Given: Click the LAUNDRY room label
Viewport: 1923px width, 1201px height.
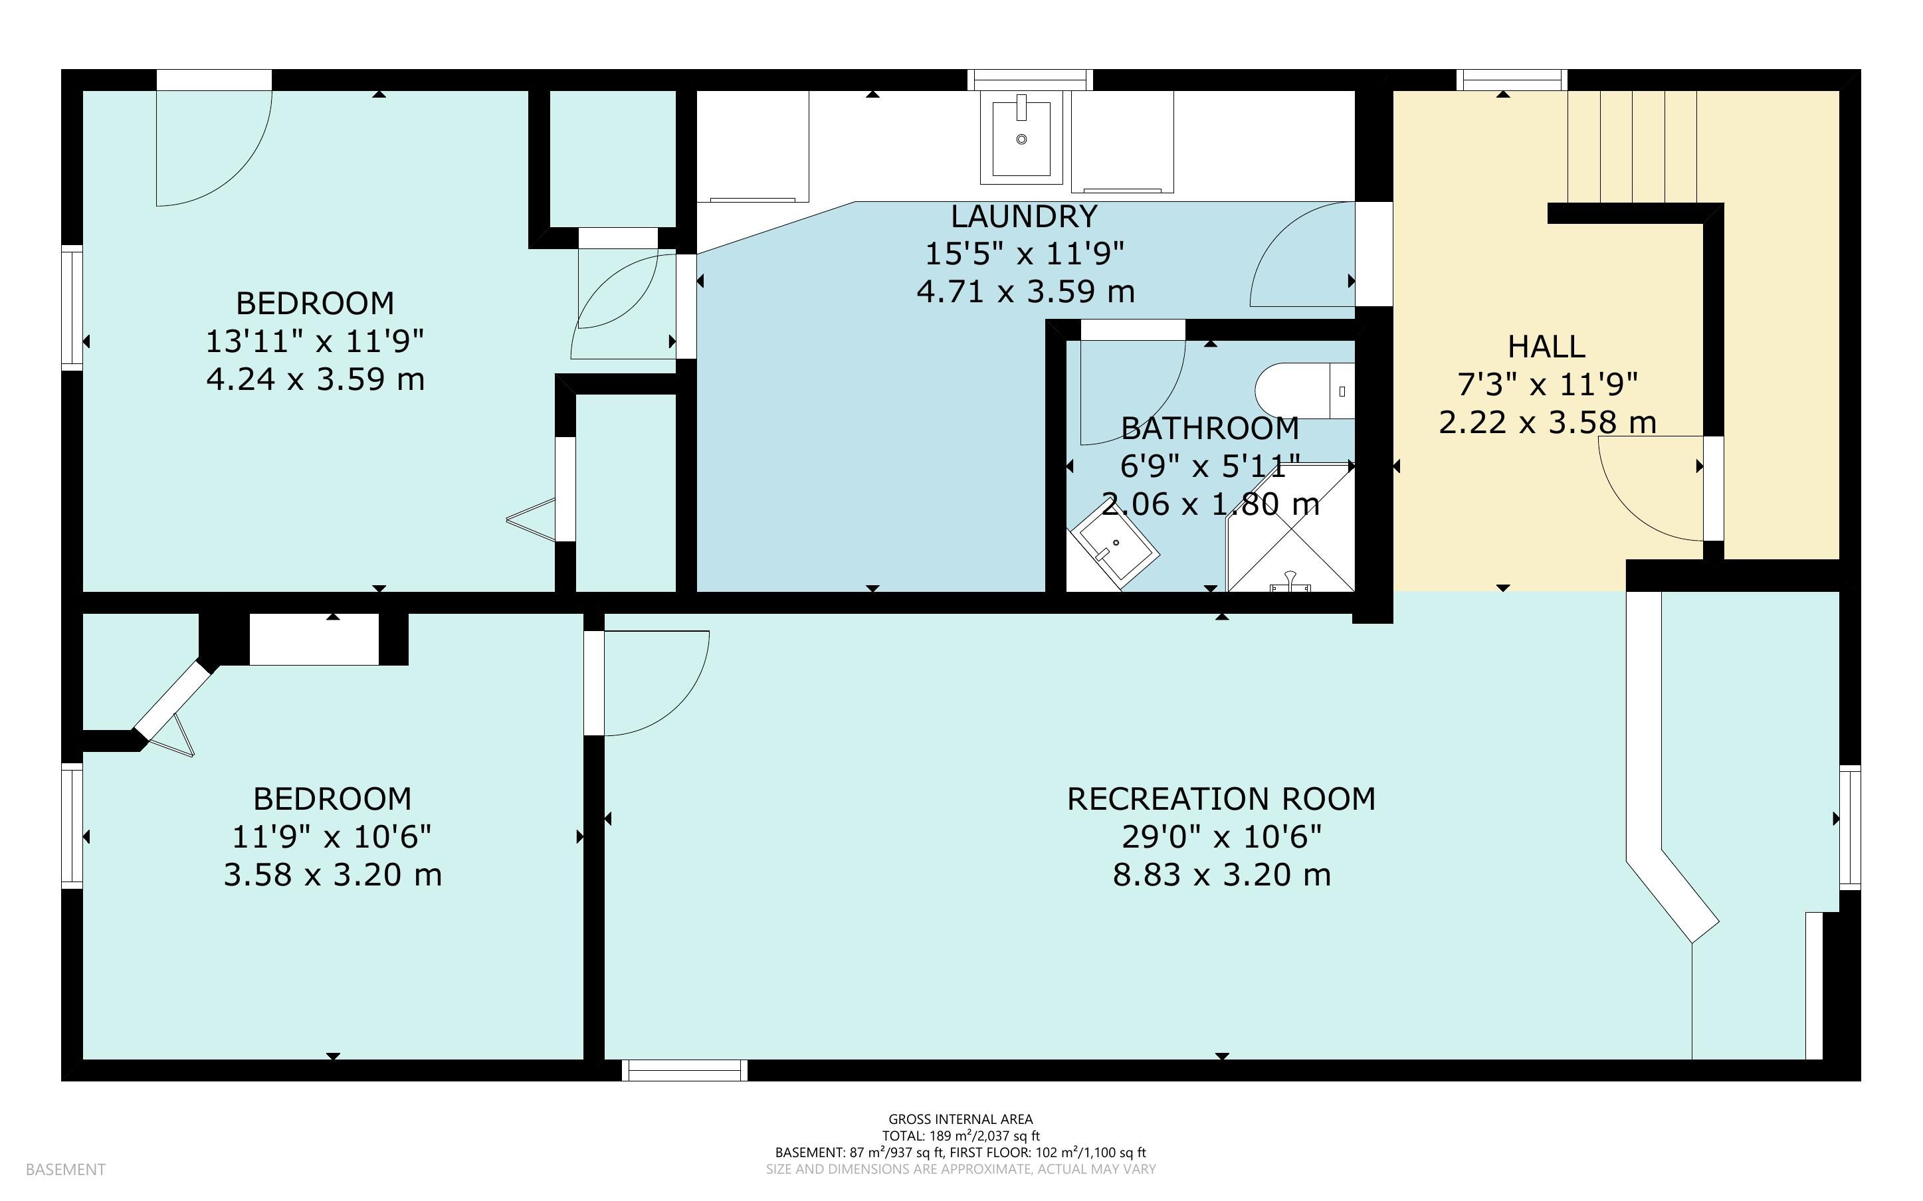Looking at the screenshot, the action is (1024, 216).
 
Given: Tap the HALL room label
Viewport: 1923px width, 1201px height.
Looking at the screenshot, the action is (1546, 346).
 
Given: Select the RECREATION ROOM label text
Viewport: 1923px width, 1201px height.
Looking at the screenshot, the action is (1221, 799).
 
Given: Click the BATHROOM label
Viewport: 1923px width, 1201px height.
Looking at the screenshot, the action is (1210, 429).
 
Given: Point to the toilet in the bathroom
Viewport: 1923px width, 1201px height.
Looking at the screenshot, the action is (1304, 391).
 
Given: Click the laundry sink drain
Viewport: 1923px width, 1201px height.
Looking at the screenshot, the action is (1021, 139).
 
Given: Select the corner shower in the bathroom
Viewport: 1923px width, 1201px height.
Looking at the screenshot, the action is (1290, 528).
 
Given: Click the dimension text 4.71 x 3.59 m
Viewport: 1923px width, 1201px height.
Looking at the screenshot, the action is (1025, 292).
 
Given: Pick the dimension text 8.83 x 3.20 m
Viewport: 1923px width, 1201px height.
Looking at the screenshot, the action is (1221, 876).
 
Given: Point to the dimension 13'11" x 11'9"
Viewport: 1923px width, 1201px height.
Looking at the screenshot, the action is (316, 341).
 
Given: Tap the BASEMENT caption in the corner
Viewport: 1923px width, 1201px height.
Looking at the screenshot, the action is (65, 1169).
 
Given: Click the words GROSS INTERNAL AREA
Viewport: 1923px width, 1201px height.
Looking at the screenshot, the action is (960, 1119).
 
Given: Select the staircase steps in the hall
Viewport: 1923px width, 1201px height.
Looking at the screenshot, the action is (1632, 147).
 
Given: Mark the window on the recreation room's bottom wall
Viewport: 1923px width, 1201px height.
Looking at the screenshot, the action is (684, 1070).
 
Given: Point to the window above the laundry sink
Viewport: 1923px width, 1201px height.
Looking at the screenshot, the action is (1030, 80).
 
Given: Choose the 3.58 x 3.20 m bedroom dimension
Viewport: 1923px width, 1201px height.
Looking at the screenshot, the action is (332, 876).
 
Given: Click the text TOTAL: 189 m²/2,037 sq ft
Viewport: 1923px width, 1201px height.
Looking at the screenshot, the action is (960, 1136).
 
